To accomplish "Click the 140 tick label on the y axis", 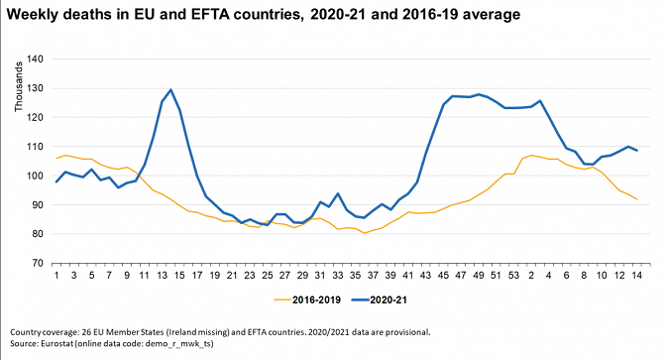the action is pyautogui.click(x=36, y=60).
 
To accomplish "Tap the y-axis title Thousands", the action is pyautogui.click(x=18, y=86).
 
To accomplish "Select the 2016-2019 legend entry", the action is pyautogui.click(x=307, y=300).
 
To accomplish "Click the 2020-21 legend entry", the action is pyautogui.click(x=380, y=300).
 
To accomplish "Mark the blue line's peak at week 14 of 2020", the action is pyautogui.click(x=170, y=89).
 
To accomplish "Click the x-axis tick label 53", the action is pyautogui.click(x=513, y=276).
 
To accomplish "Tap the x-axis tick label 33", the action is pyautogui.click(x=338, y=276).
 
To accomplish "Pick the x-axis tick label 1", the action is pyautogui.click(x=56, y=276).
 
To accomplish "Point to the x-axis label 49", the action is pyautogui.click(x=479, y=276).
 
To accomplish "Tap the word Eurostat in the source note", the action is pyautogui.click(x=57, y=343).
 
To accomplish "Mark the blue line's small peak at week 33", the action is pyautogui.click(x=338, y=193).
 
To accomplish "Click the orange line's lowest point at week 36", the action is pyautogui.click(x=364, y=233).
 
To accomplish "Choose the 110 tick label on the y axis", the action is pyautogui.click(x=36, y=147).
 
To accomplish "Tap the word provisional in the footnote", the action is pyautogui.click(x=409, y=332).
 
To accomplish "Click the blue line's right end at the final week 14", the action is pyautogui.click(x=636, y=151).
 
